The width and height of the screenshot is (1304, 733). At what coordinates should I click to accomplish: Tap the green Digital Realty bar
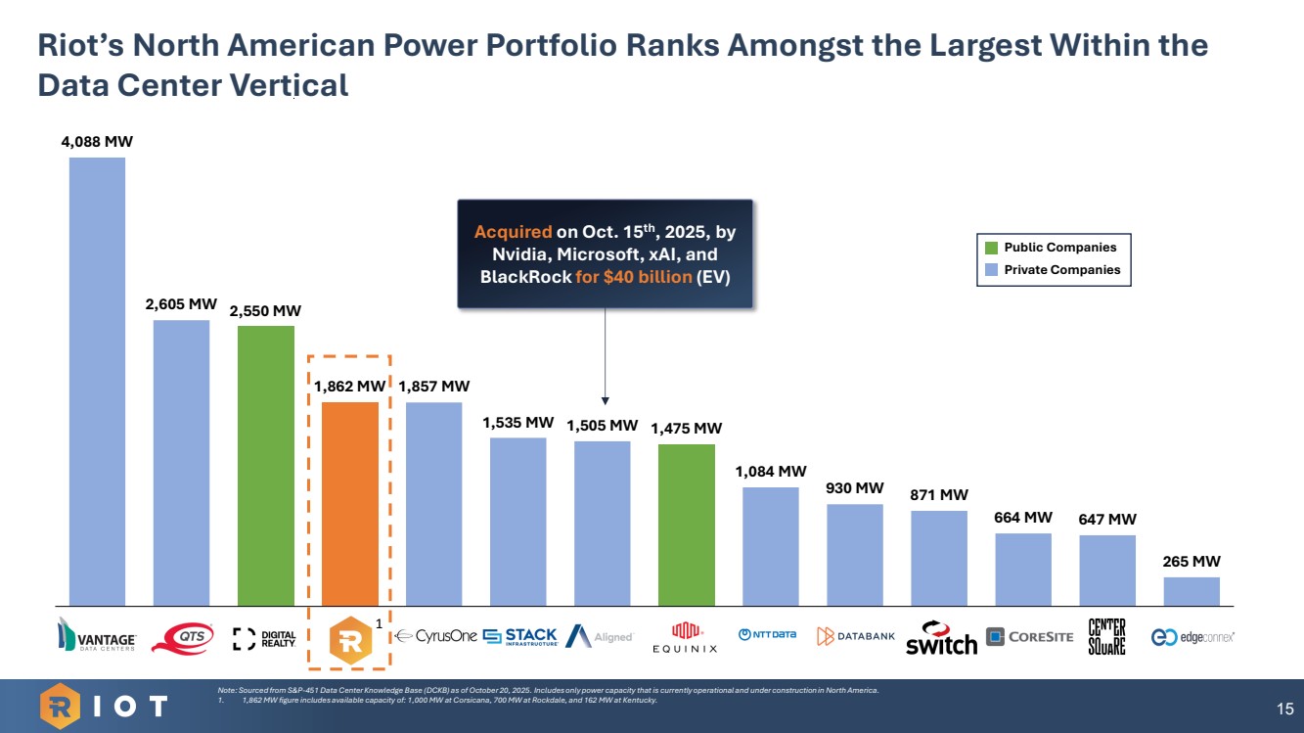point(265,465)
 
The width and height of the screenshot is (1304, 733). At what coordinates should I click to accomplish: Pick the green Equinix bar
point(686,525)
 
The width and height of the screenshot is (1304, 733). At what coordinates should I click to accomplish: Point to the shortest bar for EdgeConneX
point(1191,590)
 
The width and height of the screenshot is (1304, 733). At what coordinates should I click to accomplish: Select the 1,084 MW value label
point(771,471)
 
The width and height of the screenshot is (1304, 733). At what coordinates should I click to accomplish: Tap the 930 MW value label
point(854,487)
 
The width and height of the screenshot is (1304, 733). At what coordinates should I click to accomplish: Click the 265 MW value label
point(1191,562)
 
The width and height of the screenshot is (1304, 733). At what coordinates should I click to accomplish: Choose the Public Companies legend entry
point(1053,248)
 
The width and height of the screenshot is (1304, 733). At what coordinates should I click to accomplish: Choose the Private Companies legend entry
point(1053,269)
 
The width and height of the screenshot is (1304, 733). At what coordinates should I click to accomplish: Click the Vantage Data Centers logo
point(97,638)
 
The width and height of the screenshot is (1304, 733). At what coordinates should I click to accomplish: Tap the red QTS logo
point(183,638)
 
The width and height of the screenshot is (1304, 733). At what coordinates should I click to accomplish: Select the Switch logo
point(940,638)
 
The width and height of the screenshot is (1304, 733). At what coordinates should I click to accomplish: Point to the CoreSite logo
point(1029,638)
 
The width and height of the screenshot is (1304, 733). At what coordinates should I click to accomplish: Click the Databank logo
point(856,637)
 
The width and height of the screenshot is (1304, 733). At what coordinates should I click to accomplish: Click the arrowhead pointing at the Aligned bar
point(605,400)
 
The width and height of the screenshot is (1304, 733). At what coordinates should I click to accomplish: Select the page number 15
point(1284,708)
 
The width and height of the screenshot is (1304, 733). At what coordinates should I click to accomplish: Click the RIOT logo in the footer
point(104,706)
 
